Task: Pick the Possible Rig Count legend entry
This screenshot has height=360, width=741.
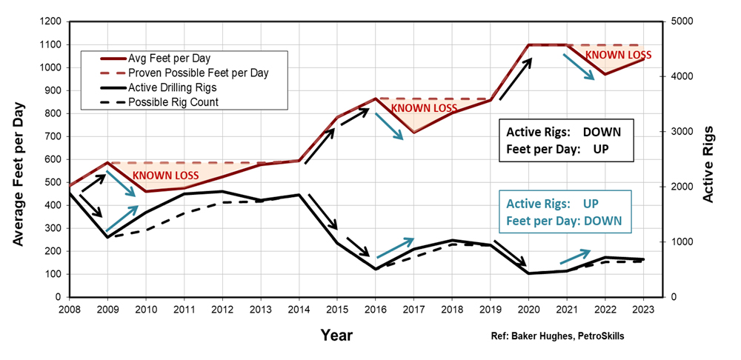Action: [x=173, y=101]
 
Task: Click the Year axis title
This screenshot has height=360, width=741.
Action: [x=336, y=335]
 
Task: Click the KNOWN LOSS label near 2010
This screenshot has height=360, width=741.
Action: [x=165, y=176]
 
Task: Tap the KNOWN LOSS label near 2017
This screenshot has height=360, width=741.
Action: [x=424, y=108]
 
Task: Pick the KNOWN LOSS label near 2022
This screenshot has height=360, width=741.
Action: [x=618, y=55]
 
